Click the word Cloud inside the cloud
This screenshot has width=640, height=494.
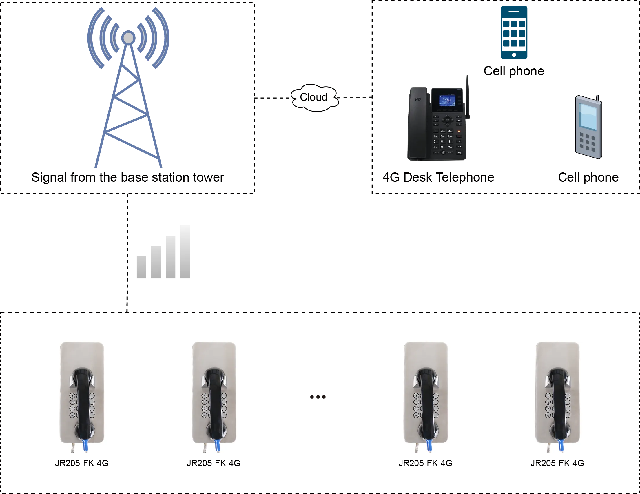313,97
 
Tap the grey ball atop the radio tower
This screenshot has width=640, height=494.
128,38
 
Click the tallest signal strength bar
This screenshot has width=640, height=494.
184,253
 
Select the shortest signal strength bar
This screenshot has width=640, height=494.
141,267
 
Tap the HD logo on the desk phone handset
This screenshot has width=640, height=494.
418,100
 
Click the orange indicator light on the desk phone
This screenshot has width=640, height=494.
459,131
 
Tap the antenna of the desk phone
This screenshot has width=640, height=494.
467,97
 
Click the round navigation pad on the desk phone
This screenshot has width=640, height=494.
447,120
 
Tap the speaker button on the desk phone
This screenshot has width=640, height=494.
459,152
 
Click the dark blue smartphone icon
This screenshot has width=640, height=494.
514,32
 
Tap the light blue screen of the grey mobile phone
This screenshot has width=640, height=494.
588,116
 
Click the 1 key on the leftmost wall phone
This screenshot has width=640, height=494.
72,396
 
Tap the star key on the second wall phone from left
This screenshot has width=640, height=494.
204,415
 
